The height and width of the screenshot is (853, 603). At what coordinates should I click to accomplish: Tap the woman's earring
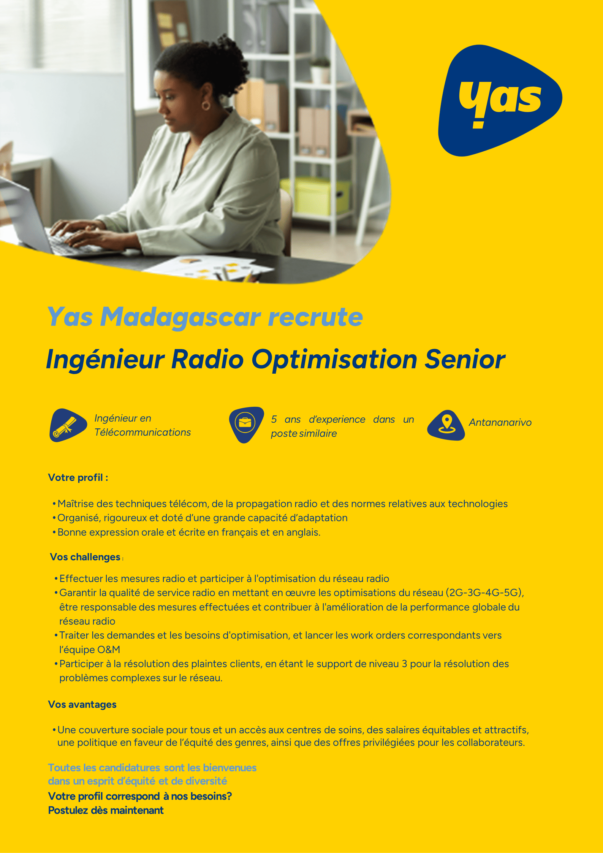(206, 105)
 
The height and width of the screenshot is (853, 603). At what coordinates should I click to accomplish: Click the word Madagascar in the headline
(180, 317)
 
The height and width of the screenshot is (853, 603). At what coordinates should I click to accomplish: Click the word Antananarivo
(500, 422)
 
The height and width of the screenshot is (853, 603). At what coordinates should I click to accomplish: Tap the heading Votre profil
(78, 477)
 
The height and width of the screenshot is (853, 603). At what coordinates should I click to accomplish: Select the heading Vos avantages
(82, 704)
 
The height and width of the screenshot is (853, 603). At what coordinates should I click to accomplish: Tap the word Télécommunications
(142, 432)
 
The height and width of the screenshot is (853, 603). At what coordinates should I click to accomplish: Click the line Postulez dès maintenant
(106, 810)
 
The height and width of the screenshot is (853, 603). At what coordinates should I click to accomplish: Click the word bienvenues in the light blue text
(229, 767)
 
